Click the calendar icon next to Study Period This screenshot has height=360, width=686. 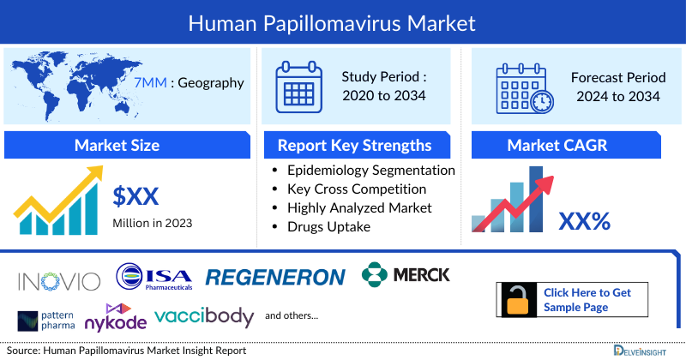(301, 86)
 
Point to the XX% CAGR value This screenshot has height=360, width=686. (584, 222)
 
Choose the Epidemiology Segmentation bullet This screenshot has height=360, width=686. (371, 170)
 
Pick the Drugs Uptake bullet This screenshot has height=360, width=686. (329, 226)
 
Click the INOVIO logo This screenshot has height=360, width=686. (58, 279)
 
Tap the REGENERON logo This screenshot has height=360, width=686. (275, 277)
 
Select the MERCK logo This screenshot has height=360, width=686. (406, 275)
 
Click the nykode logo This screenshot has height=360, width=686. (114, 318)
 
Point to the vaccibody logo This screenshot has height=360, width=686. (204, 316)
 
